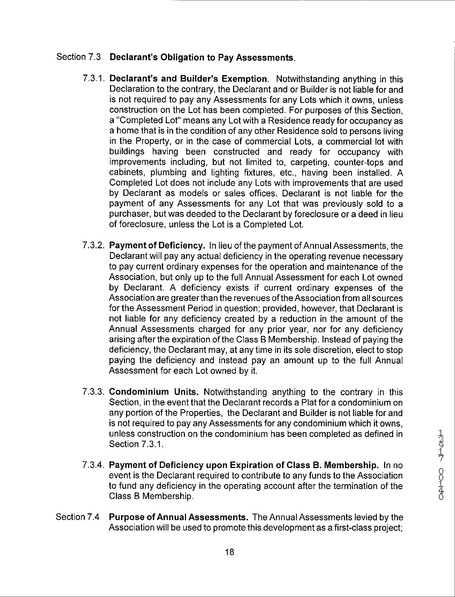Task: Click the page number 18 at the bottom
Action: point(229,552)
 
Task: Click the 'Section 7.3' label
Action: point(78,57)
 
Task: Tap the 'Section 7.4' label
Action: point(78,517)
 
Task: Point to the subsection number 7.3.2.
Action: point(93,246)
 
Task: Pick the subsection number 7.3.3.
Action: point(93,392)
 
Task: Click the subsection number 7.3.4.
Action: point(93,465)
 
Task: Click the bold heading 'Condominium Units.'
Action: point(154,392)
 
